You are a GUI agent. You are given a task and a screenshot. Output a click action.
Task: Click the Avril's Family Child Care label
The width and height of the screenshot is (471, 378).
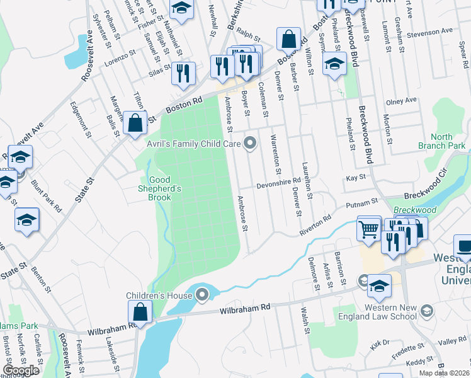(194, 144)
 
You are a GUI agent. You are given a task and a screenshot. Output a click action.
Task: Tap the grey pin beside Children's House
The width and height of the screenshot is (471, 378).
(201, 295)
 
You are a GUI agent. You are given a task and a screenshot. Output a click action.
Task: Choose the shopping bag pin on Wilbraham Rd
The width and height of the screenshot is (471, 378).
(140, 311)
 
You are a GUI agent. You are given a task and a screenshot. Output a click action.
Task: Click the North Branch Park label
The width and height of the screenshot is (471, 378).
(442, 141)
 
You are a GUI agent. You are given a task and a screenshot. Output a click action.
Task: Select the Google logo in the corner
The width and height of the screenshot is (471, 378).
(21, 370)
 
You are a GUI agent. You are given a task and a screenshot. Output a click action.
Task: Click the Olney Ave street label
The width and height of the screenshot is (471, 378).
(402, 101)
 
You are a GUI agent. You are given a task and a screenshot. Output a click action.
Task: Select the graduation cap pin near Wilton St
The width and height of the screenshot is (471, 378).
(334, 63)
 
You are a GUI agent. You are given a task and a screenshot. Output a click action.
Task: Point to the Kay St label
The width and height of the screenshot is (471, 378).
(356, 179)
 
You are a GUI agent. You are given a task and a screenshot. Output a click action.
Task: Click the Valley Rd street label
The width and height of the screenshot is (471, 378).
(453, 341)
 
